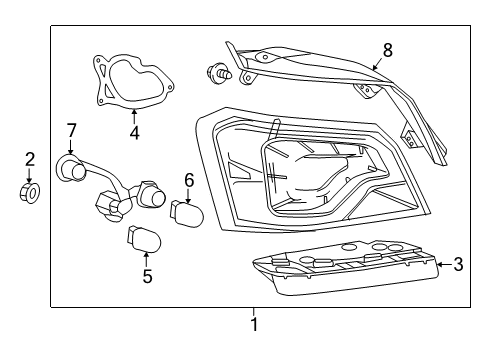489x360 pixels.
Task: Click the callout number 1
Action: [253, 324]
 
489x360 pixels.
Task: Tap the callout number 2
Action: [30, 158]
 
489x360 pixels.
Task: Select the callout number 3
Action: [458, 265]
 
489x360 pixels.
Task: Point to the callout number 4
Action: [135, 130]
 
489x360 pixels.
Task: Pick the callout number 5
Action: [147, 276]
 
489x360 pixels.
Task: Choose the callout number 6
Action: [188, 180]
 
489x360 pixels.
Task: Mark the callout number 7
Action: [71, 129]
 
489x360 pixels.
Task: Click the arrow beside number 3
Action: [443, 265]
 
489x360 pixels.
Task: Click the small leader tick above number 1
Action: [253, 310]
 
